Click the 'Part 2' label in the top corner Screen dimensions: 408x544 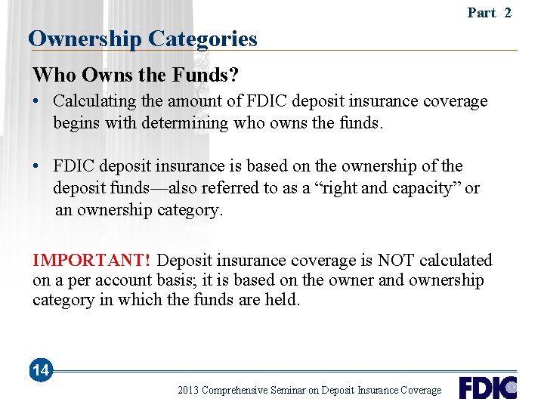[489, 12]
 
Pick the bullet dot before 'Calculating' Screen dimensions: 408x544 [37, 101]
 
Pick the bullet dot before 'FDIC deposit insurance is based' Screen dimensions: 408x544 [37, 166]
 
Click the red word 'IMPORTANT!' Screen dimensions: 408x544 [91, 261]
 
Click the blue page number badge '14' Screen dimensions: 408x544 [41, 370]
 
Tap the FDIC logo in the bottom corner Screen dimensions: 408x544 [487, 388]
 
